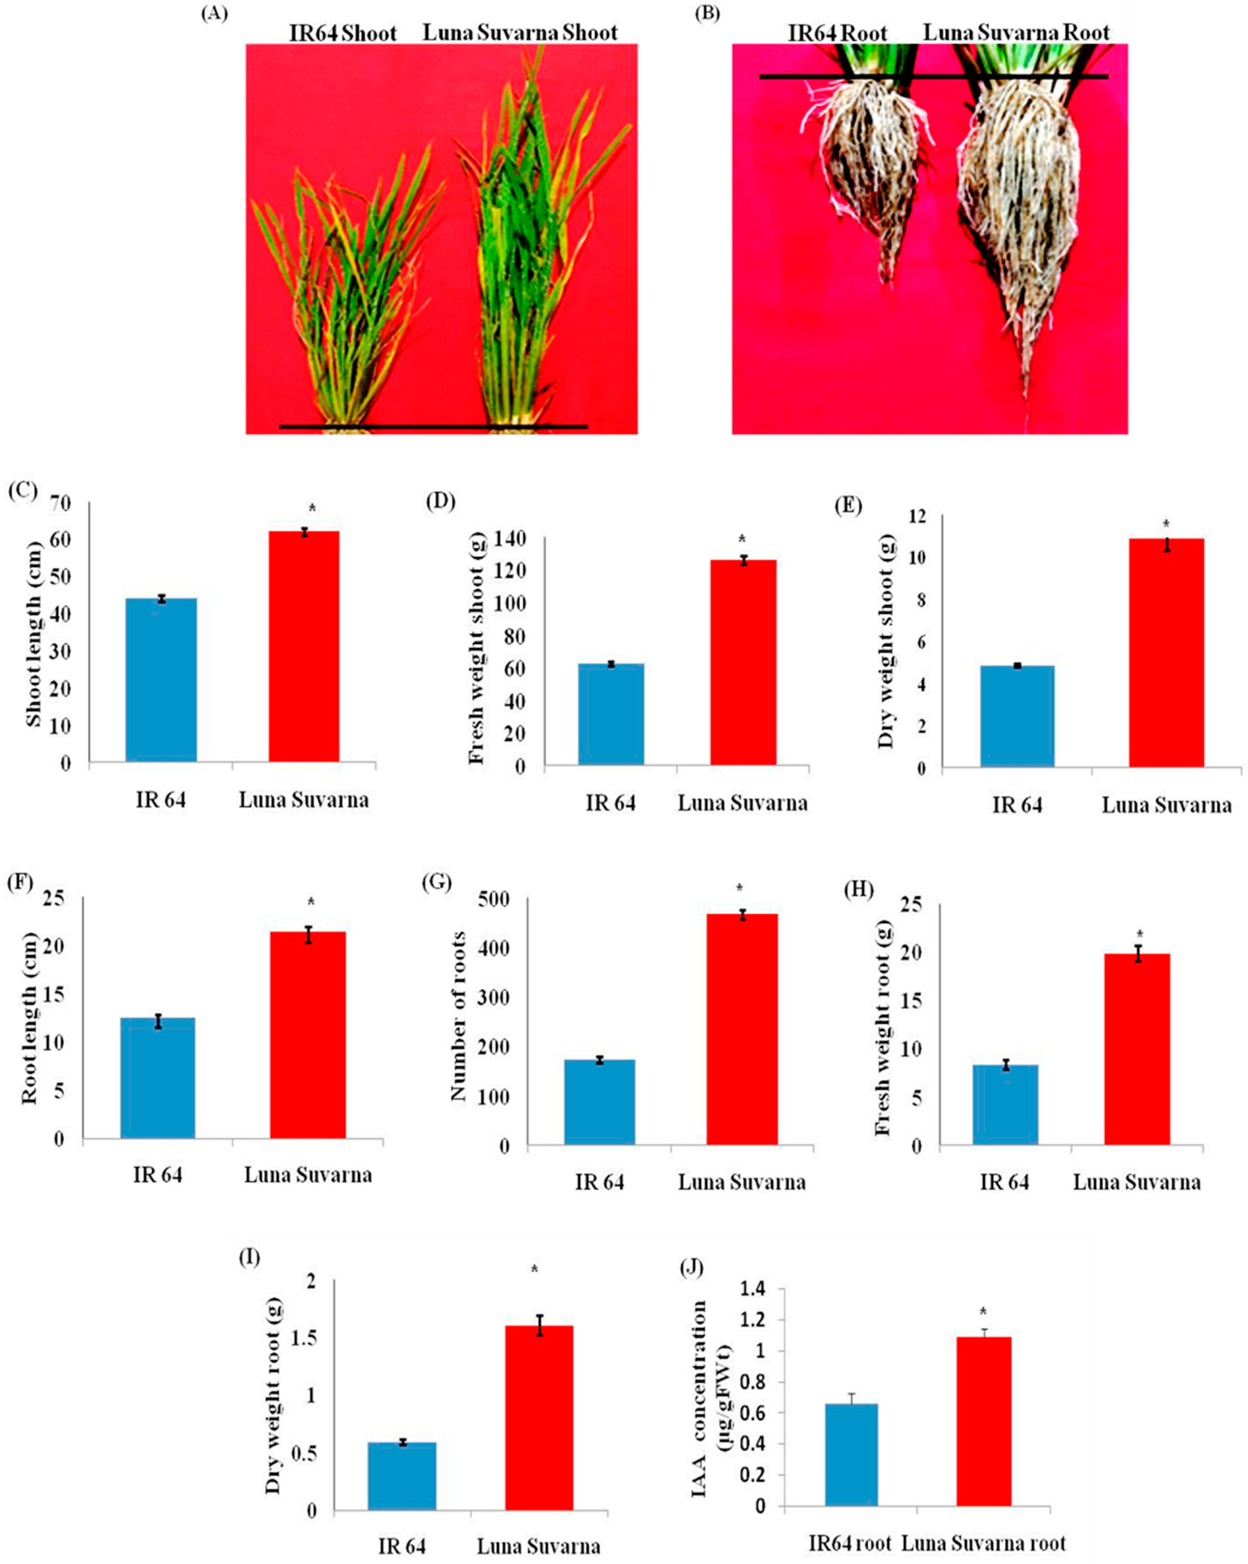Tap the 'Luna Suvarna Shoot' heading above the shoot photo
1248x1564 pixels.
pos(520,33)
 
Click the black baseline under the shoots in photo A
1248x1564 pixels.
pos(433,426)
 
